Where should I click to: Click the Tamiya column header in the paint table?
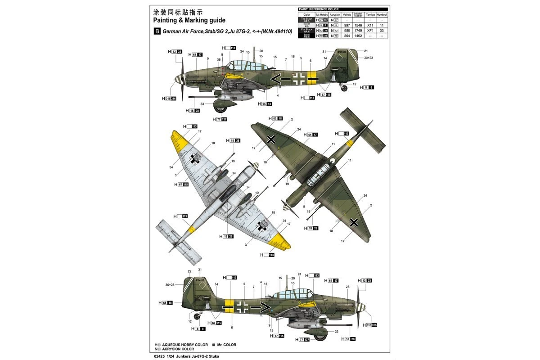click(x=370, y=14)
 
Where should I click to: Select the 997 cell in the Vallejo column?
click(x=346, y=26)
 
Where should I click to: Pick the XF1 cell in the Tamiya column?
click(x=370, y=31)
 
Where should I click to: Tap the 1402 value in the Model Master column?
click(x=358, y=36)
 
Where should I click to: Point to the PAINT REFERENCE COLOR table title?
click(x=318, y=9)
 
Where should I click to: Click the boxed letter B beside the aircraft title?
click(x=157, y=31)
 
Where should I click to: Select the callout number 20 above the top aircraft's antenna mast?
click(x=261, y=51)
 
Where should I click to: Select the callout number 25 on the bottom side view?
click(x=347, y=287)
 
